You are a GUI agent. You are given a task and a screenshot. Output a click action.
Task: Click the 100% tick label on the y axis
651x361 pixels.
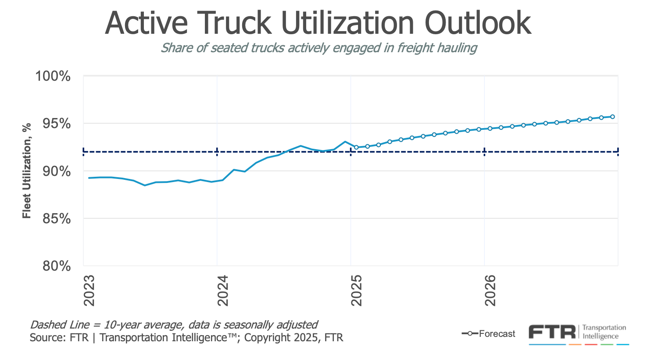[x=53, y=76]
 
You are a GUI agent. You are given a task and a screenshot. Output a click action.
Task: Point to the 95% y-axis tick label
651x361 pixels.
[x=56, y=124]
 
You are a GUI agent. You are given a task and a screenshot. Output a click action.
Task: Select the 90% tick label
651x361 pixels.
[x=56, y=171]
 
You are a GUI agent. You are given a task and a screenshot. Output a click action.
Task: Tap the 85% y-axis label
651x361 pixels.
[x=56, y=218]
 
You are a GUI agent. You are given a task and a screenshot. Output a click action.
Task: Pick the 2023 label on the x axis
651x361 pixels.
[x=89, y=291]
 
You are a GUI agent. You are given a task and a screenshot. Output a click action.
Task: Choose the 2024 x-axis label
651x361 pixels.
[x=223, y=291]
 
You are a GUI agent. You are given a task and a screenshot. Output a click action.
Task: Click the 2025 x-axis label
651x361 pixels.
[x=357, y=291]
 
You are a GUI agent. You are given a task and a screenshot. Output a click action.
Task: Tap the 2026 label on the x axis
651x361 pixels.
[x=490, y=291]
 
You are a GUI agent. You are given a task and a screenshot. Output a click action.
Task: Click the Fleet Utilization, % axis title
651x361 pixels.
[x=27, y=171]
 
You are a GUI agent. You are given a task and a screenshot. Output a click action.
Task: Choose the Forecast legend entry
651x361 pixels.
[x=497, y=334]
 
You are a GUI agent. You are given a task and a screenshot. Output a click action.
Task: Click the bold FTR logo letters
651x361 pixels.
[x=551, y=332]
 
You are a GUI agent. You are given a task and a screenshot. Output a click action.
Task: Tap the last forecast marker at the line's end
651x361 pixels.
[x=612, y=117]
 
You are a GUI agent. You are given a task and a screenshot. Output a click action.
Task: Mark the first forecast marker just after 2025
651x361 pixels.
[x=356, y=147]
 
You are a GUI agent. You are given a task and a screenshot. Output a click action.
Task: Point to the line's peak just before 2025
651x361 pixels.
[x=345, y=142]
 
